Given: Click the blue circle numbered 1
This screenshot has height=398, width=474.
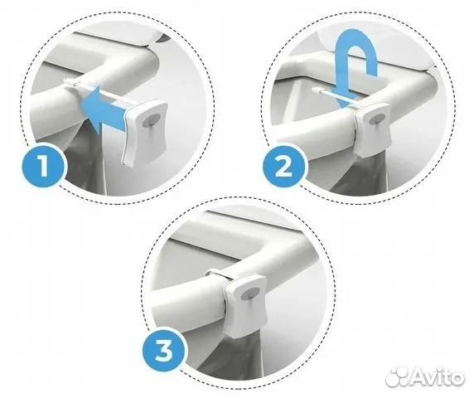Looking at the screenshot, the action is click(x=43, y=166).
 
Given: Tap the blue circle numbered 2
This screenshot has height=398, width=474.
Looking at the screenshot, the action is click(x=284, y=166).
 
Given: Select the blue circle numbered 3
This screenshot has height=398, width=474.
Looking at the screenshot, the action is click(x=164, y=351).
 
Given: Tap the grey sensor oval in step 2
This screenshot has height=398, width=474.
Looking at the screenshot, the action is click(x=377, y=119).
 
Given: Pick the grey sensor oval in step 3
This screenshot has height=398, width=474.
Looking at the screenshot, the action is click(x=249, y=294).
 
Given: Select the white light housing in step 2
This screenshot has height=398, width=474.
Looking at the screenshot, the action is click(x=373, y=129).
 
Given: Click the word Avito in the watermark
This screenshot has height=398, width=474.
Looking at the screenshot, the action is click(x=438, y=376).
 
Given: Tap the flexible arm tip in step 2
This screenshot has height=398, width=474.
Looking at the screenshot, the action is click(x=317, y=89).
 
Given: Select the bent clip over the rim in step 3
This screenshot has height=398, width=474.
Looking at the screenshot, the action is click(x=218, y=274).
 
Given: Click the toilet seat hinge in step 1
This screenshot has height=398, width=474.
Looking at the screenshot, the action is click(x=165, y=38).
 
